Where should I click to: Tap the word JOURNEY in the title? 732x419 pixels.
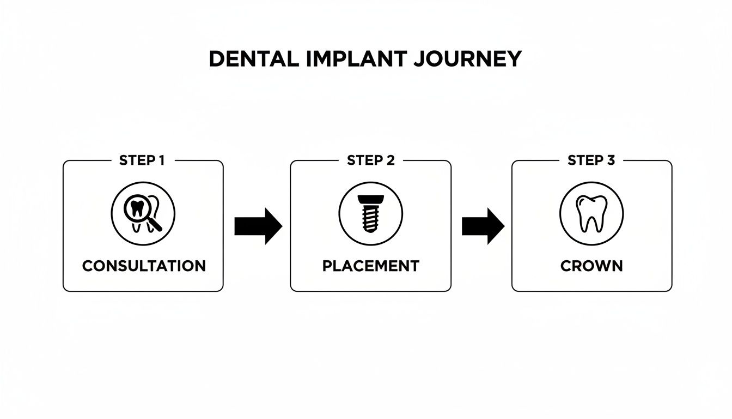coord(467,59)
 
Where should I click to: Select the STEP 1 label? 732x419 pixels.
coord(142,160)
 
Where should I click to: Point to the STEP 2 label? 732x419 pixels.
coord(370,160)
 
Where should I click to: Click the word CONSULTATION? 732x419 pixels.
coord(144,266)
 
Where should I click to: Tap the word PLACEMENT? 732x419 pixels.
coord(370,266)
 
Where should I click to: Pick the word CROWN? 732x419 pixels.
coord(591,266)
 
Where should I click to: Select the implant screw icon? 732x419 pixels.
coord(370,213)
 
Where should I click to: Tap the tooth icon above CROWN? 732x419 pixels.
coord(591,213)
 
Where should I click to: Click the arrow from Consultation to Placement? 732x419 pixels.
coord(258,226)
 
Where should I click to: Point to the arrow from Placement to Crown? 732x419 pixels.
coord(483,226)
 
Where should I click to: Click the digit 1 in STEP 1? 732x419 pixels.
coord(161,160)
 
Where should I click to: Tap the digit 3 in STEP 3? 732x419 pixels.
coord(613,160)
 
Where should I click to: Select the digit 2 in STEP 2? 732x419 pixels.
coord(390,160)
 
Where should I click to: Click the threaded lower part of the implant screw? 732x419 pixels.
coord(370,219)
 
